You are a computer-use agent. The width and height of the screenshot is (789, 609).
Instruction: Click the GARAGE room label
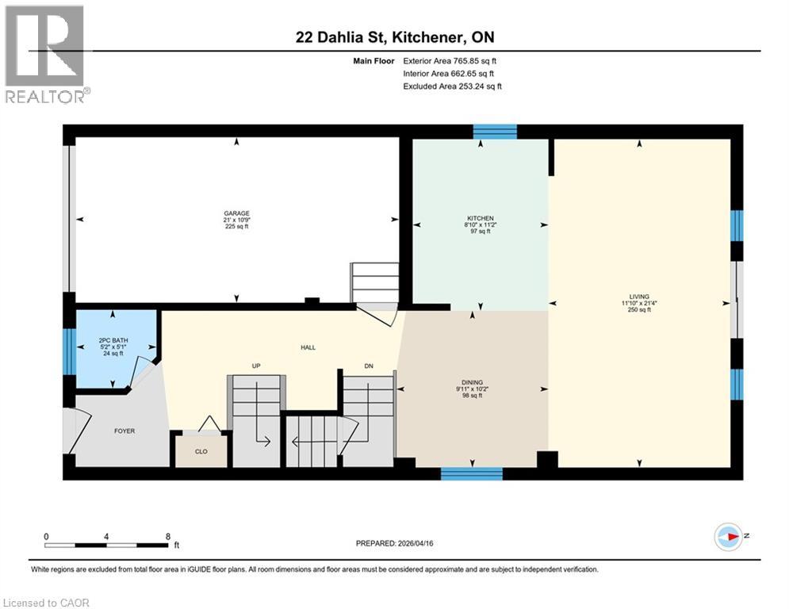tap(236, 213)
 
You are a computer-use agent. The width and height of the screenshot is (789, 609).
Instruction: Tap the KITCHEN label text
tap(480, 218)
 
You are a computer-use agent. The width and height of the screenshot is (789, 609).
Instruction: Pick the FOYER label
tap(124, 431)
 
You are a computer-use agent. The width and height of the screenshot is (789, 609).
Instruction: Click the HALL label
tap(308, 347)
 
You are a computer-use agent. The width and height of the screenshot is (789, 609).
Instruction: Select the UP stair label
tap(256, 366)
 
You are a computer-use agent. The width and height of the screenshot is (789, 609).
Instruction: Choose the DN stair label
tap(369, 366)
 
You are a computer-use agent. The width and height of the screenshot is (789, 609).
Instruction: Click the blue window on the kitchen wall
tap(495, 132)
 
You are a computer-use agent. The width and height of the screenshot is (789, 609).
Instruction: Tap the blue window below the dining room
tap(472, 473)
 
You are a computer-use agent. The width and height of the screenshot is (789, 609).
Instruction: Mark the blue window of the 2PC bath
tap(68, 350)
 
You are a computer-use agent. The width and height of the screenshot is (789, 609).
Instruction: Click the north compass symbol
tap(728, 537)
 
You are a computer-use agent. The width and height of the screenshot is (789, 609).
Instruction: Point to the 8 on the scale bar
tap(167, 536)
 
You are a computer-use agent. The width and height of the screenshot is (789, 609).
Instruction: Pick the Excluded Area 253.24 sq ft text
tap(452, 86)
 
